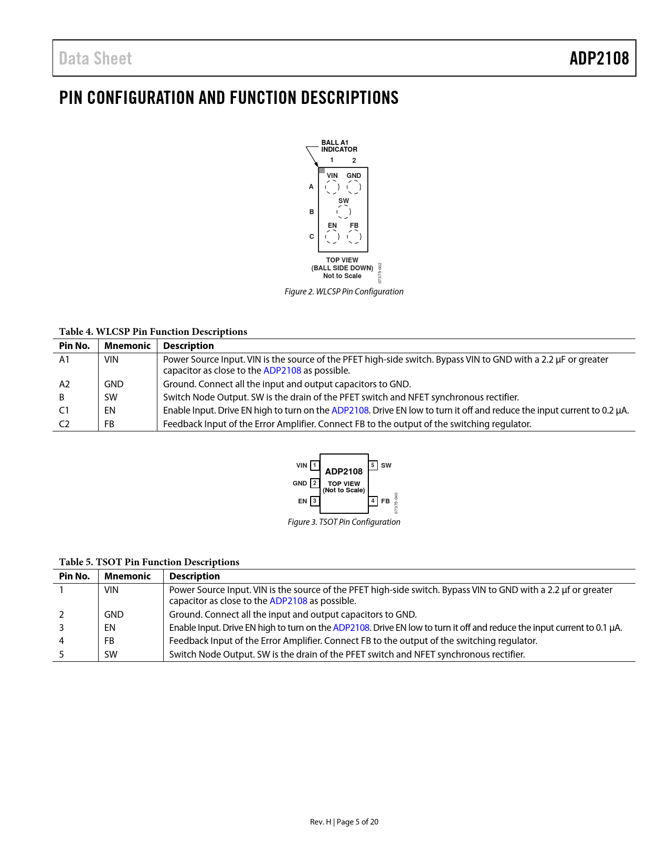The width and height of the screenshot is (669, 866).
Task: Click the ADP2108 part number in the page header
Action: tap(599, 58)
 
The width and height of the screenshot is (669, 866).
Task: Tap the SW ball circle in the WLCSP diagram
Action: tap(344, 212)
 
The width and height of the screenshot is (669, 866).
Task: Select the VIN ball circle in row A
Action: tap(332, 187)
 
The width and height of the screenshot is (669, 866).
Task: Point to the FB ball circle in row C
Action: tap(354, 237)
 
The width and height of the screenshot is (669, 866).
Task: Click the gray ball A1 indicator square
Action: tap(322, 171)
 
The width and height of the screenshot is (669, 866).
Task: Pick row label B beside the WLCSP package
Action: tap(312, 212)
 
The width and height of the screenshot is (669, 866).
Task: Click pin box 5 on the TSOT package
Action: tap(373, 466)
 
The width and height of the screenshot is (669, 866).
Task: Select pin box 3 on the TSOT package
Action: tap(315, 501)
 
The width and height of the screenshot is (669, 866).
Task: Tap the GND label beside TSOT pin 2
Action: tap(300, 483)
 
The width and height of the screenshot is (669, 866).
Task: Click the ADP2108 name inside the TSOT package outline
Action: tap(344, 471)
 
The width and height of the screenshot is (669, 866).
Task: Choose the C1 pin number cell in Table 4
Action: tap(64, 410)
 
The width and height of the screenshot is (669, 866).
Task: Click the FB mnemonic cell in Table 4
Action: tap(109, 424)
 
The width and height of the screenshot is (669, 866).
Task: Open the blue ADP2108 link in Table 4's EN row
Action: tap(350, 410)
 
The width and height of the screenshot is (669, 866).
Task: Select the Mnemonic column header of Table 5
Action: tap(128, 576)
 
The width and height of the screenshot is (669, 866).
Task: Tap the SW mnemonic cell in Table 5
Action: tap(111, 654)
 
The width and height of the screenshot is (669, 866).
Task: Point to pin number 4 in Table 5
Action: tap(61, 641)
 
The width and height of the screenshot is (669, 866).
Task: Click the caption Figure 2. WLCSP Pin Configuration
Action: tap(344, 292)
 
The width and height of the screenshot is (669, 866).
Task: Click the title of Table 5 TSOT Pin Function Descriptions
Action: tap(149, 562)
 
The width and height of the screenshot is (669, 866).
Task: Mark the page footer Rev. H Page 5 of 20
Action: tap(344, 822)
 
